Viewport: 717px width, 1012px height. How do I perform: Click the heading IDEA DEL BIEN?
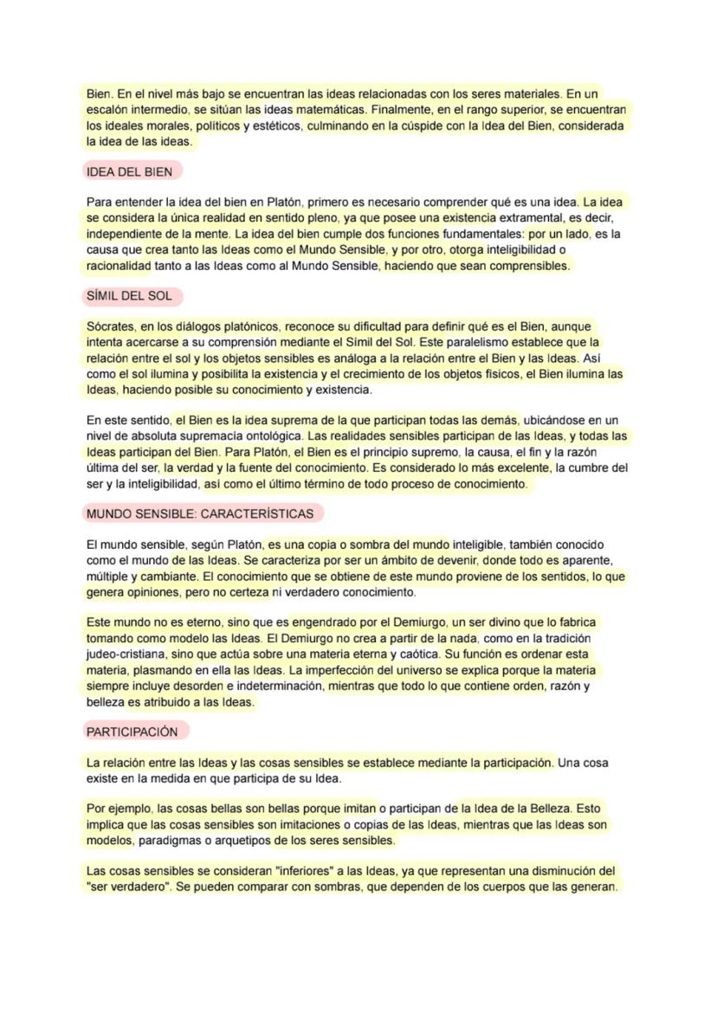click(129, 171)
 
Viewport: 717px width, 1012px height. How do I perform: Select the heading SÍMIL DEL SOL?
click(129, 295)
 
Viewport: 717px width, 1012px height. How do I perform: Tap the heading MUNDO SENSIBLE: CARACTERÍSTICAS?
click(200, 513)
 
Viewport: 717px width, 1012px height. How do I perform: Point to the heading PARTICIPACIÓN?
click(132, 732)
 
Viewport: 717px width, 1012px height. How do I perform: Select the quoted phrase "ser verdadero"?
click(128, 887)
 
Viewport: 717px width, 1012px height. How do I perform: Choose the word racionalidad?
click(119, 266)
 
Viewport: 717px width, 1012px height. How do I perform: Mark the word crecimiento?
click(409, 375)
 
